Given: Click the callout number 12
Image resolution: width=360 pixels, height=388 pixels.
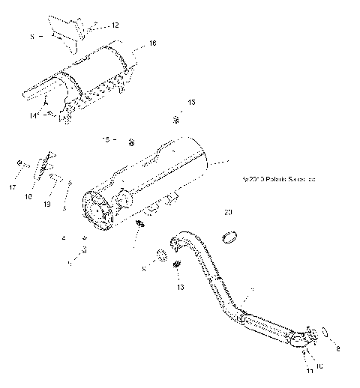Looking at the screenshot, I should pos(115,25).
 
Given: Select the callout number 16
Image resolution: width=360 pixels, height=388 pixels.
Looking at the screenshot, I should pos(152,43).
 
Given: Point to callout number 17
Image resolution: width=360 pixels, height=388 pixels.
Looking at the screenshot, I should pos(13,187).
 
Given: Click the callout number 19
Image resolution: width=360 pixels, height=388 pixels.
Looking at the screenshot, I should pos(46,203).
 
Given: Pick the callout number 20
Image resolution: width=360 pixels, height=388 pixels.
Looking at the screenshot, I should pos(228,213).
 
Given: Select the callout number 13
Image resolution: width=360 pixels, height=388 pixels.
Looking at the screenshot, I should pos(179,287).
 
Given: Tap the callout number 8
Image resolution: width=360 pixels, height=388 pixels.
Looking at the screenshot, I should pos(337,348).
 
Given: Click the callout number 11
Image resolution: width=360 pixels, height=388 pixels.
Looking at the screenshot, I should pos(308,370).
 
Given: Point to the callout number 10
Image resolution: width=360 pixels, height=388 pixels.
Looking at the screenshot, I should pos(319,366).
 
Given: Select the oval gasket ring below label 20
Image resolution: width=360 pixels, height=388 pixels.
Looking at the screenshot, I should pos(229,237).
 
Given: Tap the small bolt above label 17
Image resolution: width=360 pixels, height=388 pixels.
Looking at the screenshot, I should pos(17,163).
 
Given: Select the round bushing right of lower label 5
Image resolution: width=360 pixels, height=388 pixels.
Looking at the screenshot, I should pos(161,255).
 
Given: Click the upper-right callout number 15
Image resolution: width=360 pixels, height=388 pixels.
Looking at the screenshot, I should pos(191,101).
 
